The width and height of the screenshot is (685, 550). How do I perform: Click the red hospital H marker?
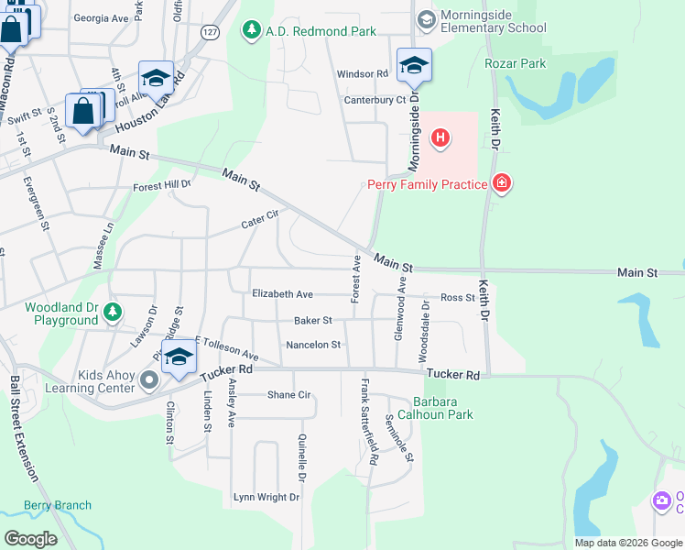pyautogui.click(x=440, y=138)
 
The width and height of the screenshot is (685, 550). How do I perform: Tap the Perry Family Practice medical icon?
pyautogui.click(x=501, y=184)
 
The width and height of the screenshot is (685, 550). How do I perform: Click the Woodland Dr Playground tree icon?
pyautogui.click(x=112, y=312)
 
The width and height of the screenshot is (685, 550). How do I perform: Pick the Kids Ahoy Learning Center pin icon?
pyautogui.click(x=148, y=377)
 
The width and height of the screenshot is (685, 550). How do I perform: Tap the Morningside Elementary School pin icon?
pyautogui.click(x=426, y=18)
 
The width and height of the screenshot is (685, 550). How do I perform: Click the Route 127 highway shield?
pyautogui.click(x=210, y=31)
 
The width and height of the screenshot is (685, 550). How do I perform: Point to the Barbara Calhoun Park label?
pyautogui.click(x=442, y=408)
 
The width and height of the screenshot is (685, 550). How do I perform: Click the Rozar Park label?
pyautogui.click(x=515, y=63)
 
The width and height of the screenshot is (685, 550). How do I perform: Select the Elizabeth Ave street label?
pyautogui.click(x=283, y=294)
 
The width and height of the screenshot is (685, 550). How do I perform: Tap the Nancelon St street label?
pyautogui.click(x=313, y=345)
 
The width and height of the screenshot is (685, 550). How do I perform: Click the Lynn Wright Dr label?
pyautogui.click(x=266, y=497)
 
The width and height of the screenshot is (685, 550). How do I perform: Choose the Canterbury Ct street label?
pyautogui.click(x=375, y=100)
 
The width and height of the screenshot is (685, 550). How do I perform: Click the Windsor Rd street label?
pyautogui.click(x=363, y=73)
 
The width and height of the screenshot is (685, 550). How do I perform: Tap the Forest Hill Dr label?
pyautogui.click(x=161, y=185)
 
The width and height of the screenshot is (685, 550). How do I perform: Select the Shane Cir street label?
pyautogui.click(x=289, y=395)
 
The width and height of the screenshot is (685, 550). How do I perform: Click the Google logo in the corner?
pyautogui.click(x=31, y=538)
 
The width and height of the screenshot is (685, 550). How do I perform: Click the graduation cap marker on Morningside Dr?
pyautogui.click(x=414, y=64)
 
